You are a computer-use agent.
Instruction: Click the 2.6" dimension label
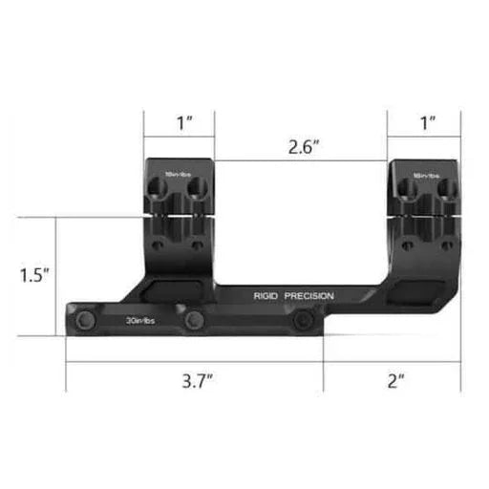[x=303, y=147]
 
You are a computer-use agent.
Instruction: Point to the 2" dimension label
[x=396, y=380]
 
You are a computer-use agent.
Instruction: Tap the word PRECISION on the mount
[x=310, y=296]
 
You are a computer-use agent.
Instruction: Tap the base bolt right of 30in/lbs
[x=195, y=320]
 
